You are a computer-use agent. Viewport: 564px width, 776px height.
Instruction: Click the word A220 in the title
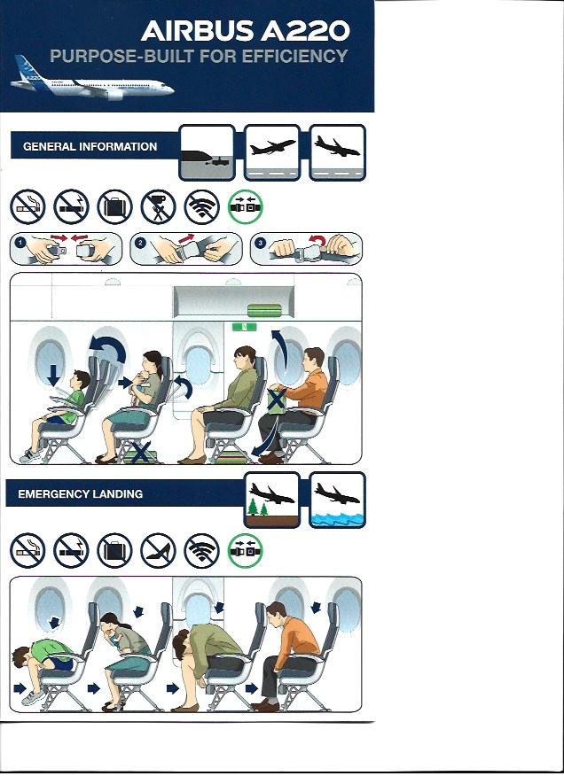(306, 31)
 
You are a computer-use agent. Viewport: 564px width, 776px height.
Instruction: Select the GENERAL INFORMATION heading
(90, 146)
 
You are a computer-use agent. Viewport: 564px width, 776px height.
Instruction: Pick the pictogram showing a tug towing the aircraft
(207, 152)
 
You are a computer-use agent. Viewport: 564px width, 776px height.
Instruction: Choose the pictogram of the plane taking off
(272, 152)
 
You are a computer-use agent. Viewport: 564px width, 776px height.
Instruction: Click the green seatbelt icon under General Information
(246, 206)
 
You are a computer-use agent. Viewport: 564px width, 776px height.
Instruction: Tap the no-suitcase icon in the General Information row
(115, 206)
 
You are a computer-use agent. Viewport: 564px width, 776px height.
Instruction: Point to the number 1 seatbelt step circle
(20, 243)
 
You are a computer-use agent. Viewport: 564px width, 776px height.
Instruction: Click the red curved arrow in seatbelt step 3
(318, 241)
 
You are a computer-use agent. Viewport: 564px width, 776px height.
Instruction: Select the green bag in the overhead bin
(264, 310)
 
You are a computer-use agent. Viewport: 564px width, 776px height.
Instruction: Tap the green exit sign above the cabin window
(245, 327)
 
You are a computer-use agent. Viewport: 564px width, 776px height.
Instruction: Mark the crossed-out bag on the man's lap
(277, 400)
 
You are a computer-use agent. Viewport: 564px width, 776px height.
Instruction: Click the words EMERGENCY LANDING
(81, 494)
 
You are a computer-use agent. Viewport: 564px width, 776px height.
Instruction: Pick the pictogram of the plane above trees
(272, 500)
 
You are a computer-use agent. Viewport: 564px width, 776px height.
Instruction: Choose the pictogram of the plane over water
(338, 500)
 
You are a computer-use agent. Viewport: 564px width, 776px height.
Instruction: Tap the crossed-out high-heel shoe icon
(158, 551)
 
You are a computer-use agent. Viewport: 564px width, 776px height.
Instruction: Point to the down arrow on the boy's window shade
(52, 376)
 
